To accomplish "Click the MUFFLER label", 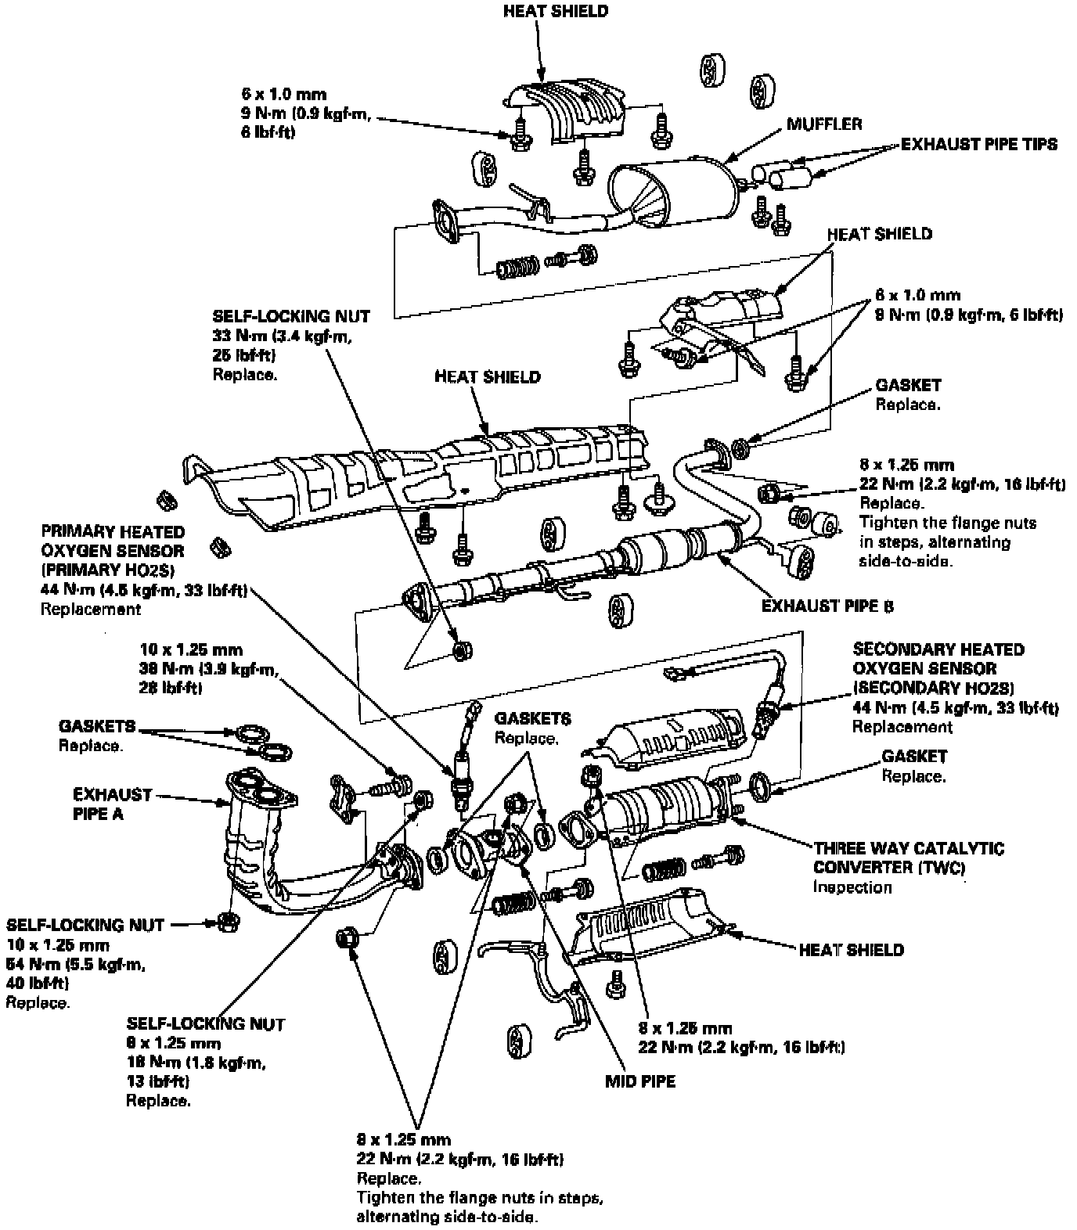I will (x=824, y=124).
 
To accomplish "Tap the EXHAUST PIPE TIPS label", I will (x=978, y=144).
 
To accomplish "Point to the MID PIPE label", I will (x=639, y=1082).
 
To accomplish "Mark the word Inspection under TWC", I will (x=852, y=887).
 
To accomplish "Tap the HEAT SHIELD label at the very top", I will (x=555, y=12).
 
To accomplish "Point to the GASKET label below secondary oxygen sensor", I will (x=914, y=757).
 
